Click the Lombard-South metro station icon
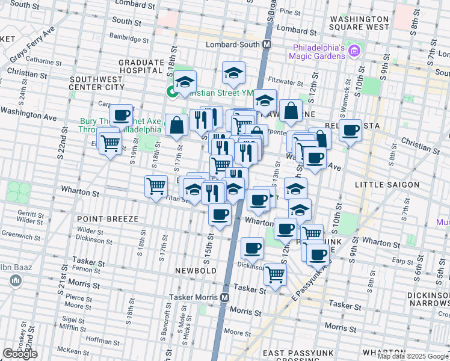tap(267, 45)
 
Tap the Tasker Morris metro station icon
tap(224, 297)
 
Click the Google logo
tap(20, 354)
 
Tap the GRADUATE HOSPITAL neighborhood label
tap(141, 66)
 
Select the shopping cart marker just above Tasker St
tap(275, 274)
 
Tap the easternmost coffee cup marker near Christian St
tap(350, 129)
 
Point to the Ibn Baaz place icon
tap(16, 280)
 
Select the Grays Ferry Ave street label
tap(33, 45)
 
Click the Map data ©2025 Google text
tap(413, 356)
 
